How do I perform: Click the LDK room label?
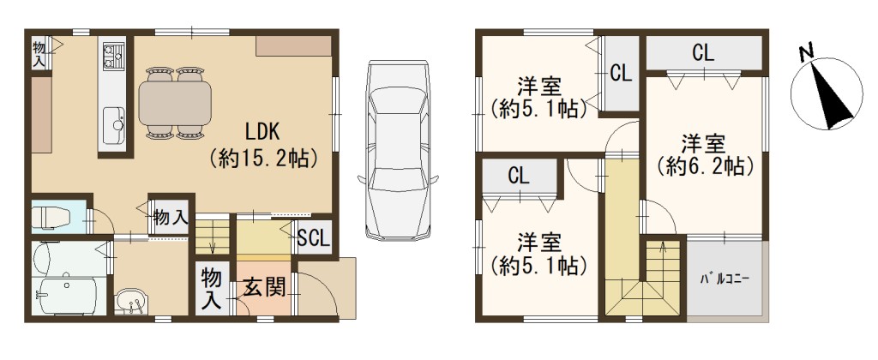click(x=263, y=133)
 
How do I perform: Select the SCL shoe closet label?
click(x=314, y=239)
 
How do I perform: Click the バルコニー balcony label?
click(x=725, y=279)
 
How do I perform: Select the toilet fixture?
click(x=51, y=217)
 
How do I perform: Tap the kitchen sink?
click(x=114, y=118)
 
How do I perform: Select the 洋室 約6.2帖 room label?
click(x=703, y=154)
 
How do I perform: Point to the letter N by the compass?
click(x=807, y=52)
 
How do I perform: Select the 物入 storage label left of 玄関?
click(x=211, y=288)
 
